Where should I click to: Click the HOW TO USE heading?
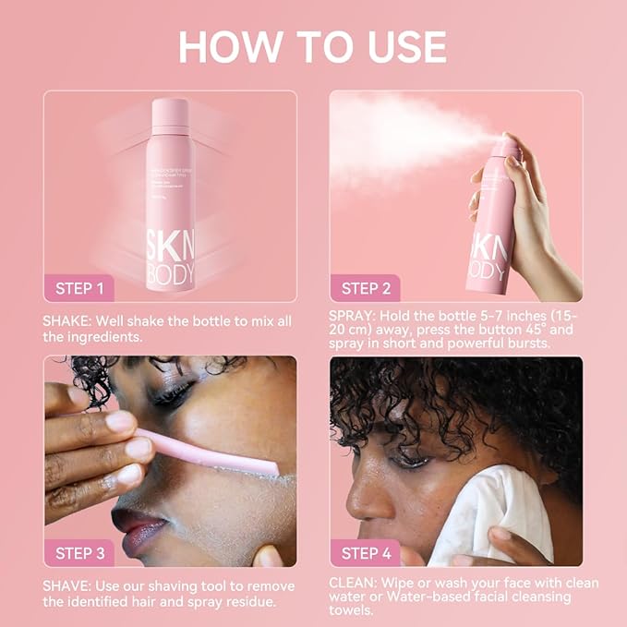[x=313, y=46]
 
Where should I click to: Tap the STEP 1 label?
[x=79, y=288]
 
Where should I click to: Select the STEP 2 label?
[x=366, y=288]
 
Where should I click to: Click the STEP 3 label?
[x=79, y=553]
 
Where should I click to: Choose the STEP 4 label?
[x=366, y=553]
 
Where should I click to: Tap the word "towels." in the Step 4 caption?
[x=354, y=610]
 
